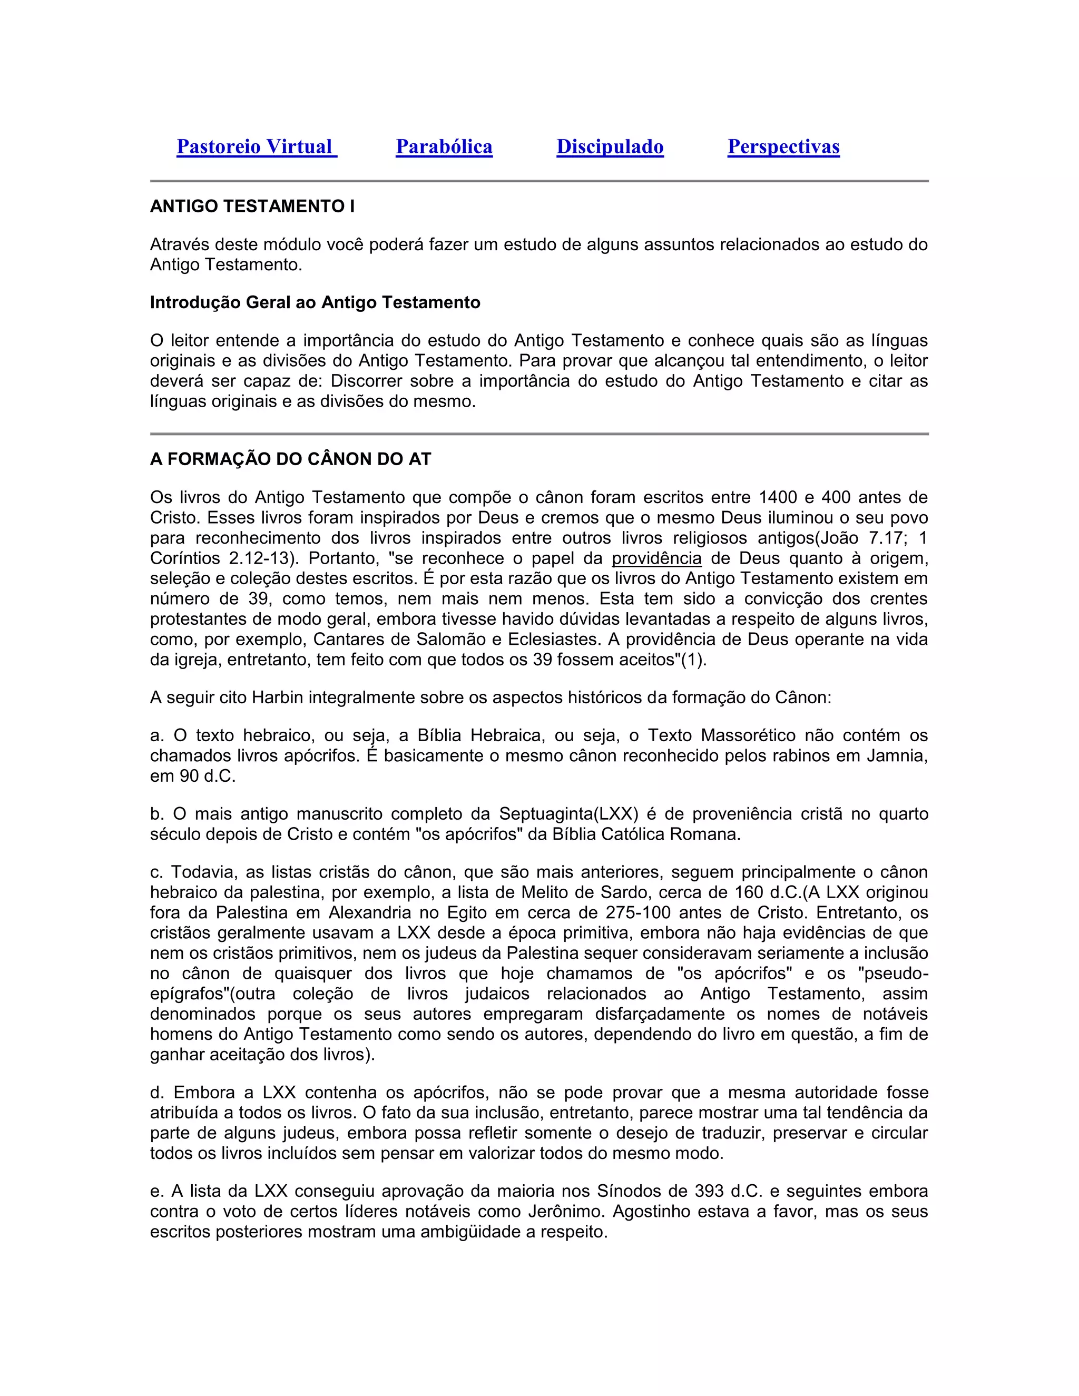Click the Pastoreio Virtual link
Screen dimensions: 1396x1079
tap(257, 147)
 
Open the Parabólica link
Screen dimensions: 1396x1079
tap(444, 147)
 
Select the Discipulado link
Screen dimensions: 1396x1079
tap(610, 147)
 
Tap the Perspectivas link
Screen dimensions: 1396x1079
tap(783, 147)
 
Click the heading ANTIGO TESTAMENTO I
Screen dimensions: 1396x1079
tap(252, 207)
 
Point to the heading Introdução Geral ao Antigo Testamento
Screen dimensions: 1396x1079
tap(315, 302)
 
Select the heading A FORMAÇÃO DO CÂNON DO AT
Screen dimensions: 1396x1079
tap(291, 459)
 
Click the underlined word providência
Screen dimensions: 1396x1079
tap(656, 558)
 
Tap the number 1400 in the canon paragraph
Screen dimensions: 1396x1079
tap(779, 497)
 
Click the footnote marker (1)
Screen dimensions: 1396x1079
tap(692, 660)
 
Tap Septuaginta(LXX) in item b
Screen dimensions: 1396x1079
tap(568, 814)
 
